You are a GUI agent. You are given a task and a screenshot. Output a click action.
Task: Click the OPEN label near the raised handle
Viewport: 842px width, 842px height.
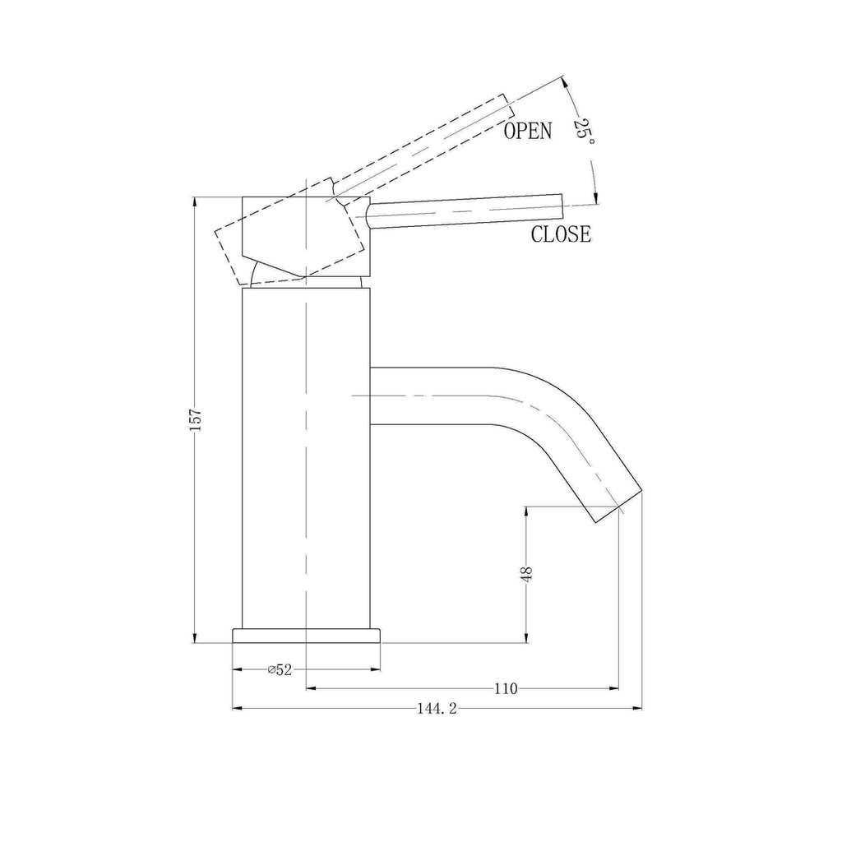(x=527, y=131)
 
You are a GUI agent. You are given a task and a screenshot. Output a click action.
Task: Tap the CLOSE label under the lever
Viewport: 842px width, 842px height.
(x=561, y=234)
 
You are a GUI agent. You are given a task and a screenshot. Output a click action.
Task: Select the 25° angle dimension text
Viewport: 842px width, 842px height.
(x=584, y=132)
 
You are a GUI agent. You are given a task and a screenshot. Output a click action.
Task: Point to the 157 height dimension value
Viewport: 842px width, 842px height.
(x=195, y=419)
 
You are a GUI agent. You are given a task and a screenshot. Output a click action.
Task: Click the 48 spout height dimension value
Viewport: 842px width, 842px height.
(x=526, y=574)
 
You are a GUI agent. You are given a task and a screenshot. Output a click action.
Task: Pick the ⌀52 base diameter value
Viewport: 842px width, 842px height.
(x=280, y=669)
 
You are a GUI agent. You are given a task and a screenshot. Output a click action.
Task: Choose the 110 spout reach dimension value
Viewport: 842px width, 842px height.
(x=506, y=688)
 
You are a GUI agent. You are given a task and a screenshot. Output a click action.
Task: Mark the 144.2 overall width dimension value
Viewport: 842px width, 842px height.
(x=437, y=709)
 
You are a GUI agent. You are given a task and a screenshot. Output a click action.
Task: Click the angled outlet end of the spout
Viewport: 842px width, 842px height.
(x=618, y=507)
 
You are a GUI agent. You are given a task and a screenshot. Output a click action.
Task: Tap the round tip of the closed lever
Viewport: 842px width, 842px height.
(x=561, y=206)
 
